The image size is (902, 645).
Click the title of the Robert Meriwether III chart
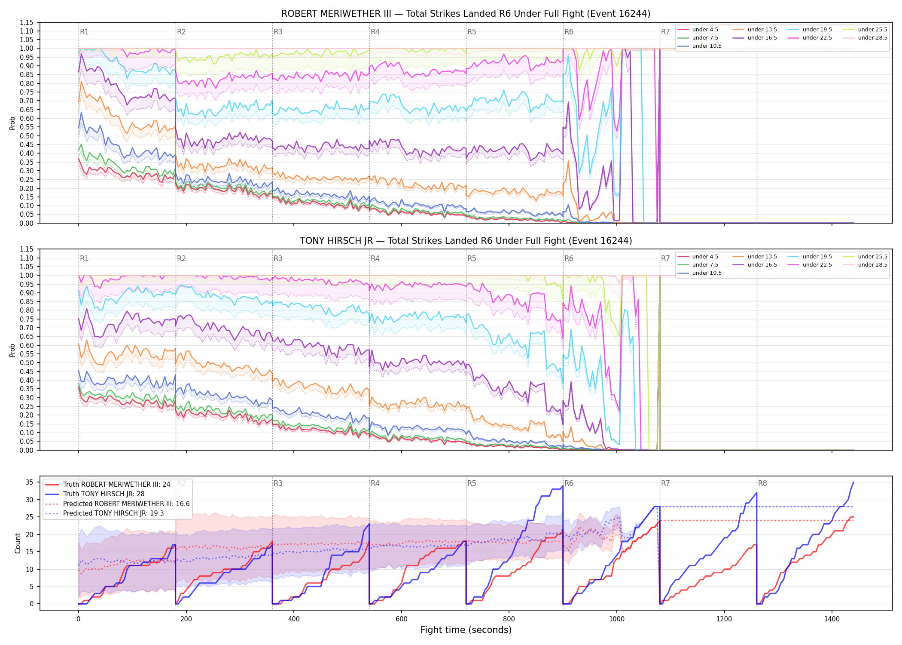[466, 14]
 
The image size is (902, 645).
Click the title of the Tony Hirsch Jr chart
[466, 241]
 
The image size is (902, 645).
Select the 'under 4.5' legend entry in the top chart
[698, 30]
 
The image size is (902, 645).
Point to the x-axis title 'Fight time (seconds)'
[466, 630]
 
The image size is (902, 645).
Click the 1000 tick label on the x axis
[617, 619]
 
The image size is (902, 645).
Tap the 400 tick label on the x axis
[294, 619]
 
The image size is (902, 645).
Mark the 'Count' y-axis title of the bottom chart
[18, 543]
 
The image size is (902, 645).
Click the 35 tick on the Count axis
[29, 482]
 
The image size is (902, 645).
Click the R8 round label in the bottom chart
[762, 483]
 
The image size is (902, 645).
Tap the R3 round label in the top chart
[278, 32]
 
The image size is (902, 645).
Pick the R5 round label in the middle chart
[472, 258]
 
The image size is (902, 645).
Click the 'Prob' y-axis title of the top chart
[12, 123]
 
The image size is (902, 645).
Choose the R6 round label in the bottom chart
[569, 483]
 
